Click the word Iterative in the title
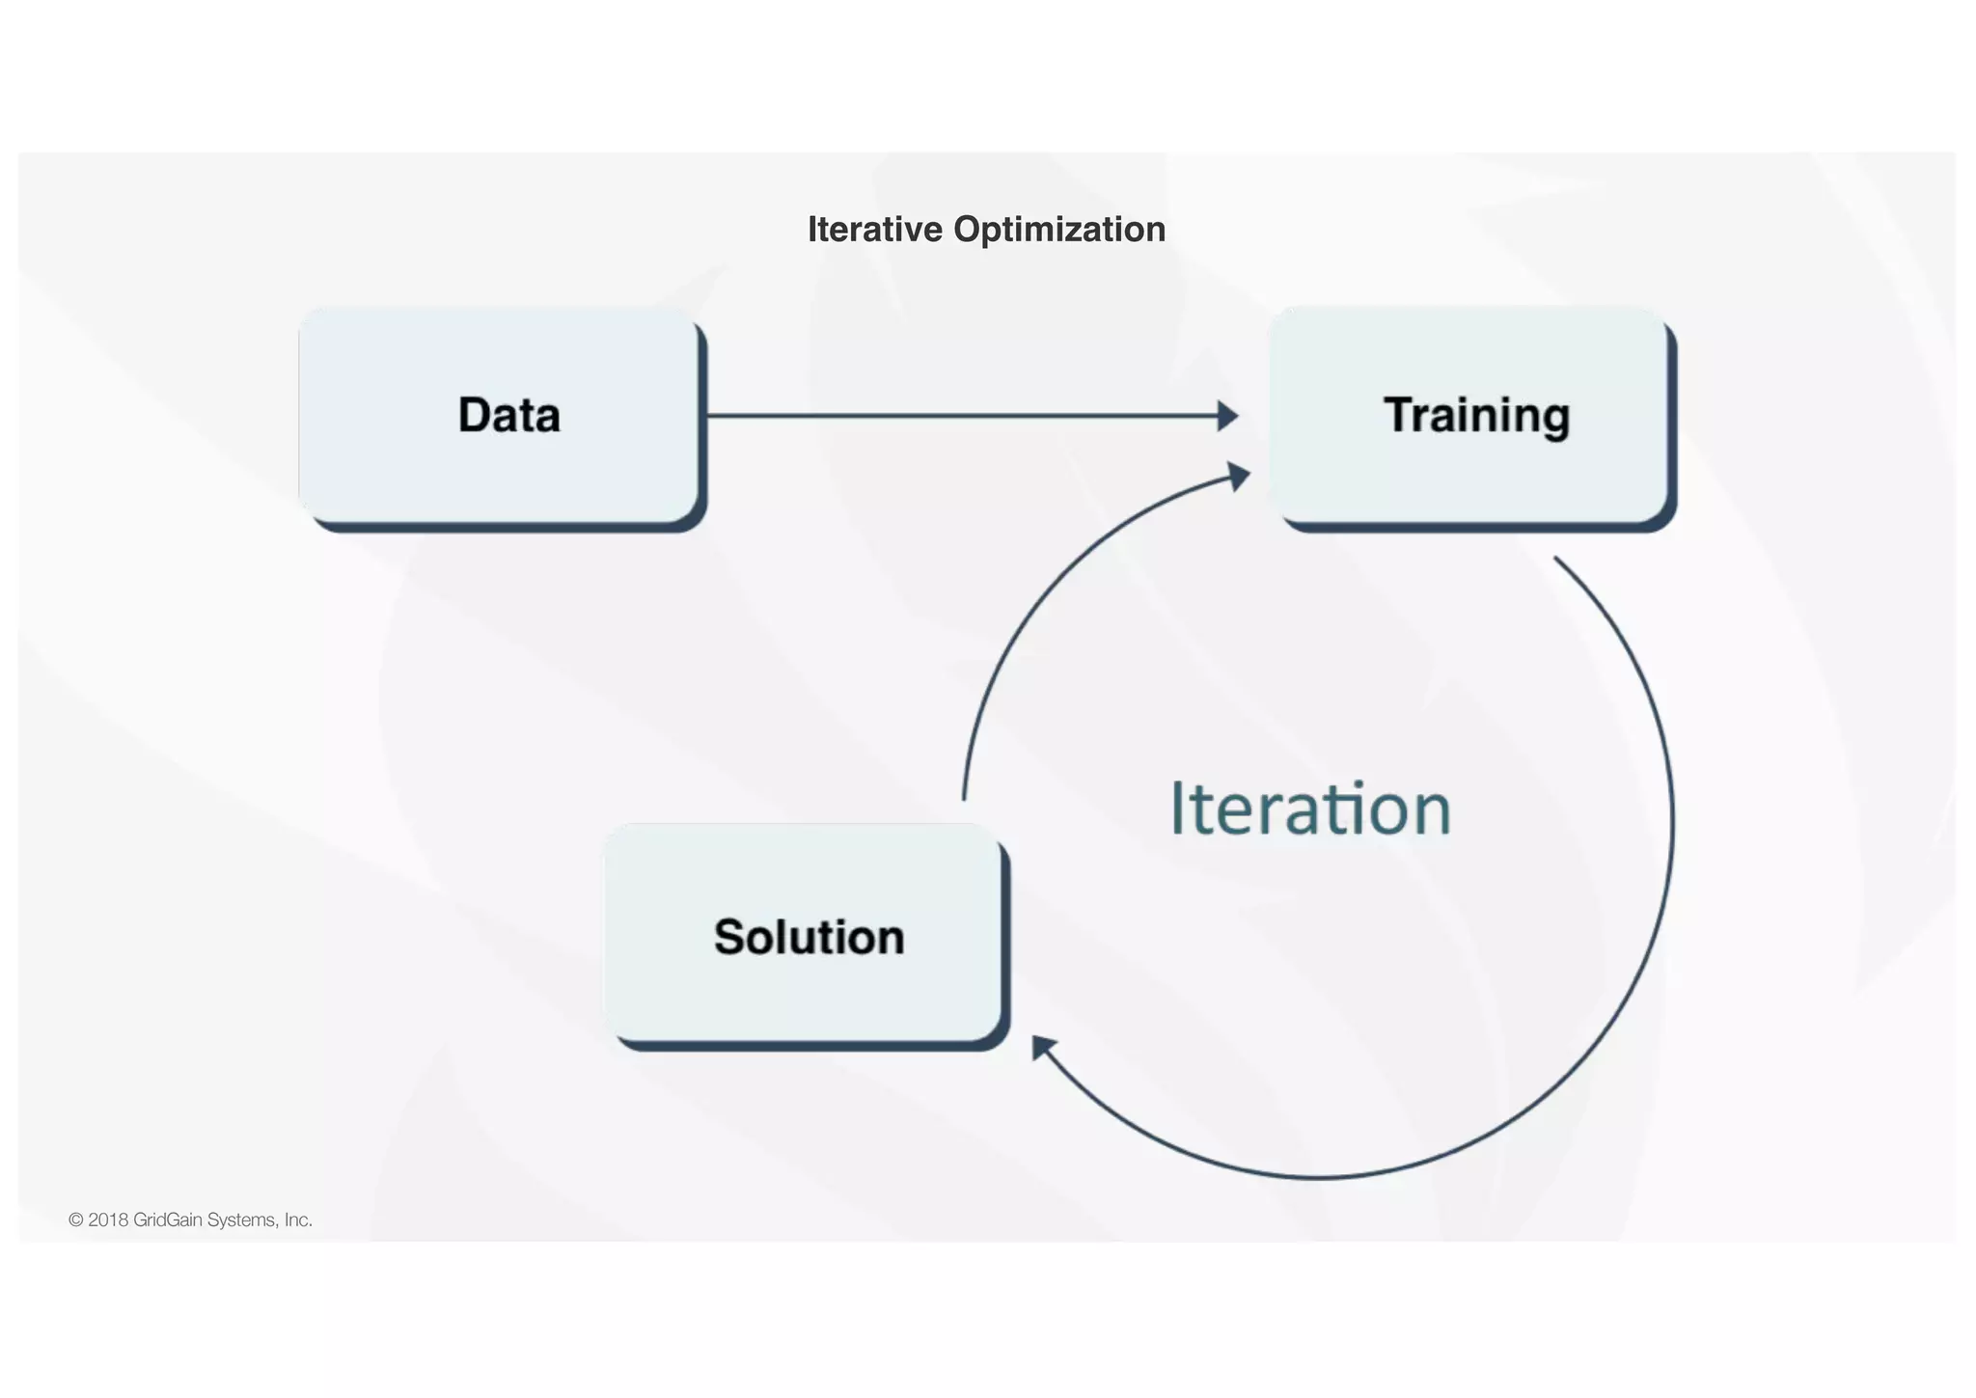pos(874,230)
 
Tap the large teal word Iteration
pos(1309,809)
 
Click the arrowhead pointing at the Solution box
pos(1042,1047)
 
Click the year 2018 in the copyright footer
pos(108,1220)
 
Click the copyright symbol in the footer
pos(76,1220)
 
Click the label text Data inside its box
pos(508,416)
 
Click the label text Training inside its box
pos(1476,416)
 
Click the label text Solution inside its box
pos(809,937)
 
